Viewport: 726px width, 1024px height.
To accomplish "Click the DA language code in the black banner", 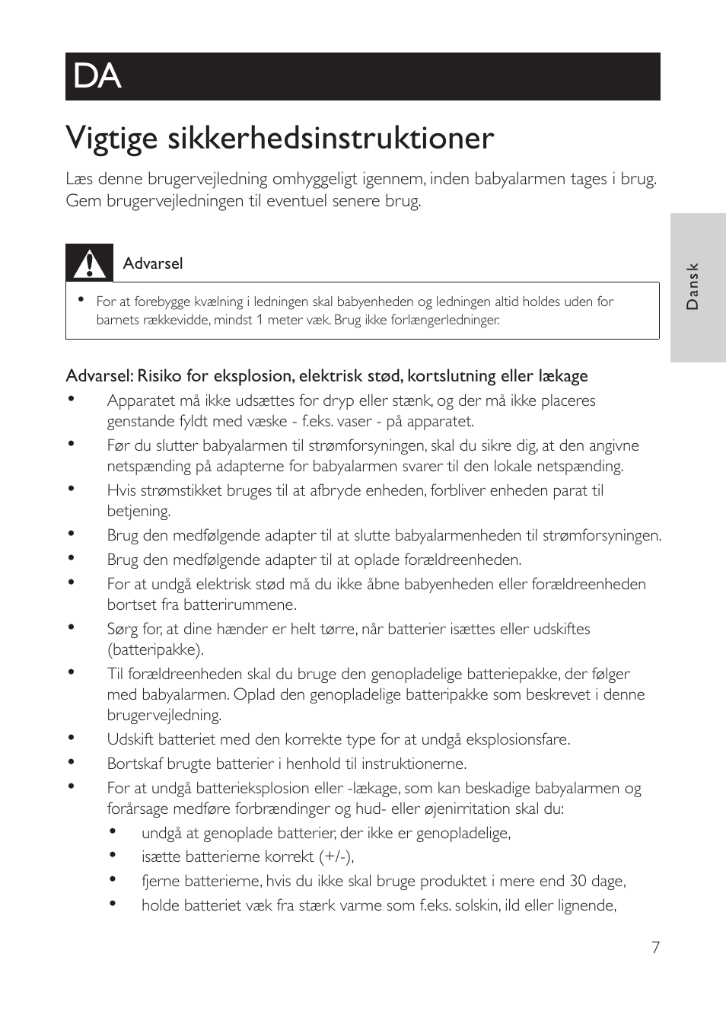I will (97, 76).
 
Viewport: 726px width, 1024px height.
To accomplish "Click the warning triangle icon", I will (89, 263).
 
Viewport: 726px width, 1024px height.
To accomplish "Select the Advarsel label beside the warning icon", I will (152, 263).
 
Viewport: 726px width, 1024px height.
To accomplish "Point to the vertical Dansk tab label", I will (692, 286).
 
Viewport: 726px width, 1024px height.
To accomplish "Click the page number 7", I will (655, 947).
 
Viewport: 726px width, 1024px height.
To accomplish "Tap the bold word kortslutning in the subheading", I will (451, 376).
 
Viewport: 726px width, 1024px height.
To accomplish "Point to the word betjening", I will (139, 511).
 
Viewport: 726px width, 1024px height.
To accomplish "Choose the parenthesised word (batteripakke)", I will (155, 649).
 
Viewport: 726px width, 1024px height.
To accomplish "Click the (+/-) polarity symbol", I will (336, 857).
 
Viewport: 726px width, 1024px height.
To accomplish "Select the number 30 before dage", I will (578, 881).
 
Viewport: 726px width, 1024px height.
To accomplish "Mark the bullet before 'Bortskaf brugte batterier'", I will (71, 761).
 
